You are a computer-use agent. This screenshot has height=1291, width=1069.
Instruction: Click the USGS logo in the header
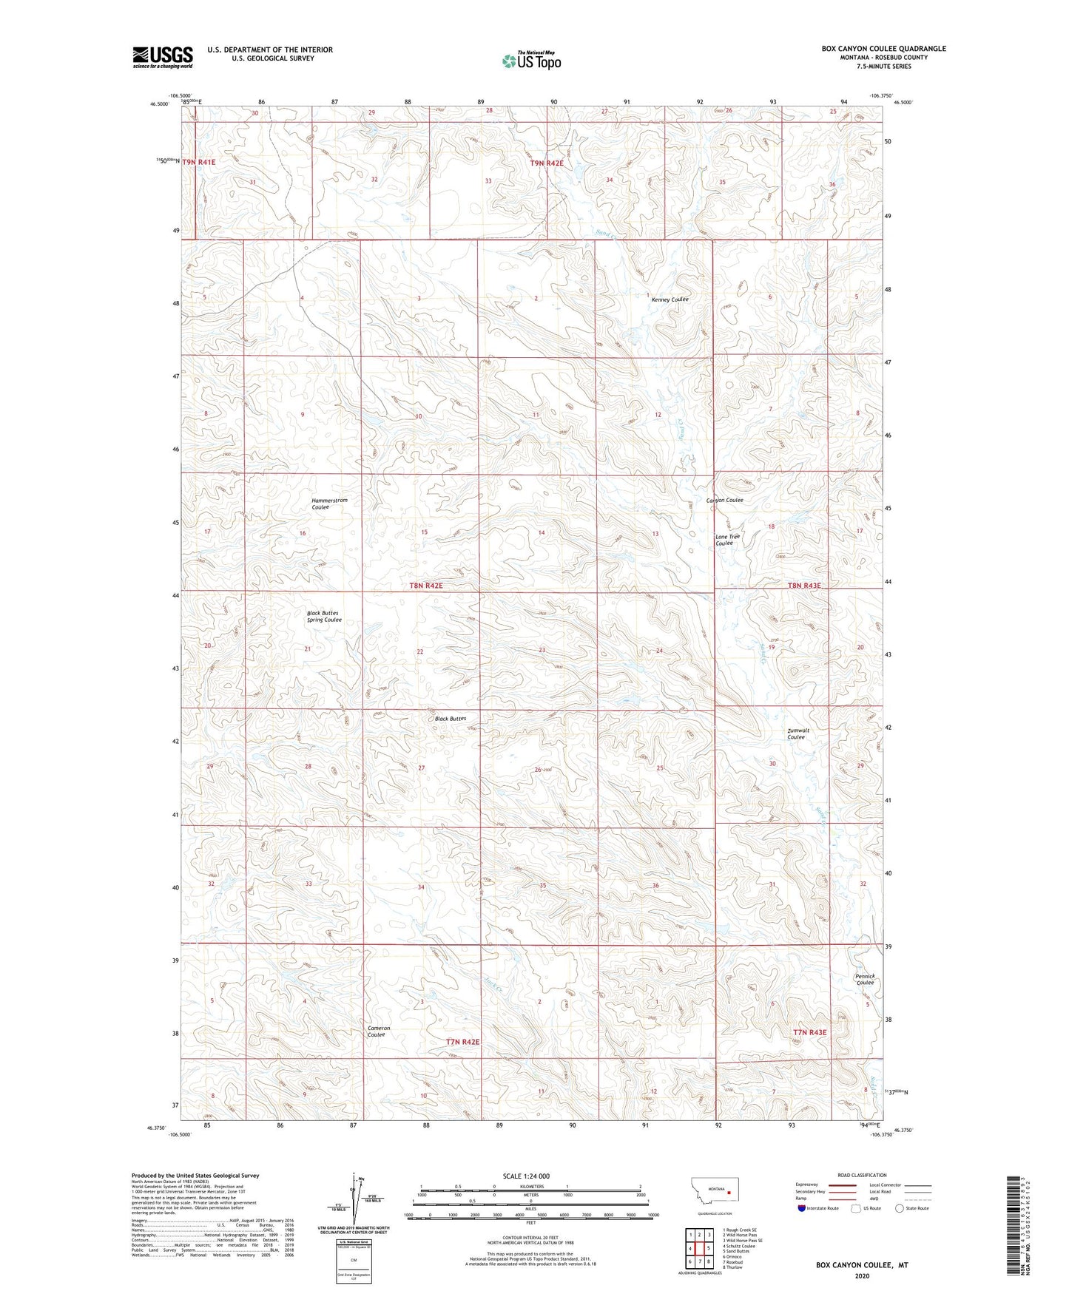[162, 57]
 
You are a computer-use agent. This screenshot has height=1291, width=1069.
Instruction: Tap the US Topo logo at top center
[531, 61]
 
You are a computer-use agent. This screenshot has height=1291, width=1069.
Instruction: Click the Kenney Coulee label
[670, 299]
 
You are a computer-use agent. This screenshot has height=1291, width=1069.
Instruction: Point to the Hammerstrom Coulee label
[329, 504]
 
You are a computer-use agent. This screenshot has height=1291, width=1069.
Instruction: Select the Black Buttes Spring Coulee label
[324, 616]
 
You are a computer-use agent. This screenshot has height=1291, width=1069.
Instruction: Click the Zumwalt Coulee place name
[797, 733]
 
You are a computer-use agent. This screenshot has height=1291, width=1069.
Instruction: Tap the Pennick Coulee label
[865, 979]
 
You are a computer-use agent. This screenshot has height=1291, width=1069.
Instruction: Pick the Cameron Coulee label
[378, 1031]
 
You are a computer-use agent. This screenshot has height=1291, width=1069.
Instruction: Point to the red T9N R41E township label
[198, 161]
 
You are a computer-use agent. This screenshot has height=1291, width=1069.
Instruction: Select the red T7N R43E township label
[809, 1032]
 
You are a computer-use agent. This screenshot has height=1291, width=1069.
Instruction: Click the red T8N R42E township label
[425, 586]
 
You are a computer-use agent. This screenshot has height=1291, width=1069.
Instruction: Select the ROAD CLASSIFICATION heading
[862, 1175]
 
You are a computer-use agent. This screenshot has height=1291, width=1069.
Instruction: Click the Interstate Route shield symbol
[803, 1208]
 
